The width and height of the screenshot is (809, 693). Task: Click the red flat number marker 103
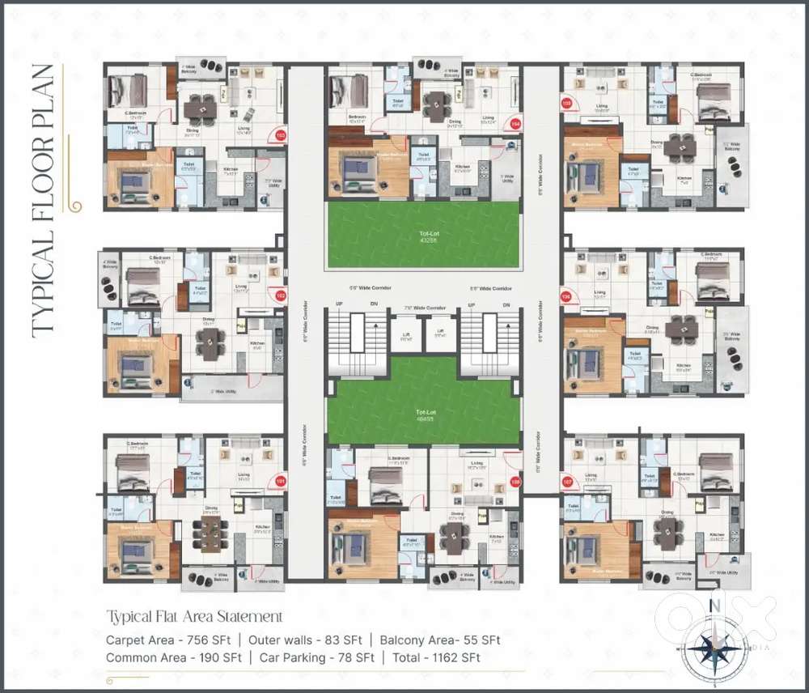pyautogui.click(x=281, y=135)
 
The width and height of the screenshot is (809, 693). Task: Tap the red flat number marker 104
pyautogui.click(x=515, y=124)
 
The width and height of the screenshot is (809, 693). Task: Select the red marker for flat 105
pyautogui.click(x=566, y=104)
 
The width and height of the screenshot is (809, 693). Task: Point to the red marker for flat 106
pyautogui.click(x=566, y=296)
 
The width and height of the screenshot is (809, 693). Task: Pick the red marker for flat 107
pyautogui.click(x=566, y=482)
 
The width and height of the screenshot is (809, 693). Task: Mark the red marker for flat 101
pyautogui.click(x=281, y=481)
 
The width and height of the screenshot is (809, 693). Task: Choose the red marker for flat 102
pyautogui.click(x=281, y=295)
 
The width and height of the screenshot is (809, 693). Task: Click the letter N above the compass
pyautogui.click(x=714, y=604)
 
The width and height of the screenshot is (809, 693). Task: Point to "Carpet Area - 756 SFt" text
pyautogui.click(x=167, y=640)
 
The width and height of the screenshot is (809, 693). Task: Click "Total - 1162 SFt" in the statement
pyautogui.click(x=436, y=657)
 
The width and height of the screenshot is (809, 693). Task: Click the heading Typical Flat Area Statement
pyautogui.click(x=194, y=617)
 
